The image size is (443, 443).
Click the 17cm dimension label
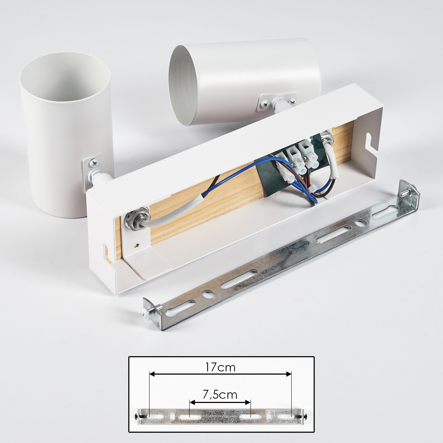coord(220,368)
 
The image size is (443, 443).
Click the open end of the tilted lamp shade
coord(183,85)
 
